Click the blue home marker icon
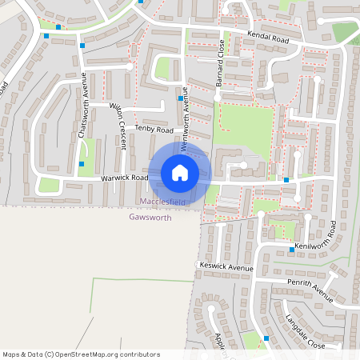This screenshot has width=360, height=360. (x=180, y=172)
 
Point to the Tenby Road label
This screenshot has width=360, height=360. (x=154, y=129)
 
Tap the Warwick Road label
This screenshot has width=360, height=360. (x=124, y=178)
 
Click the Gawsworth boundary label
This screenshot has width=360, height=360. (x=150, y=217)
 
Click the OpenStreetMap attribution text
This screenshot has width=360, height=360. (x=81, y=354)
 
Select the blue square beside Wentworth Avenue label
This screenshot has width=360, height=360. (x=180, y=98)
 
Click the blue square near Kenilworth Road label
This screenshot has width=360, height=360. (x=292, y=250)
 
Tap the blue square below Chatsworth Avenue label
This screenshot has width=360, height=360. (x=82, y=163)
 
